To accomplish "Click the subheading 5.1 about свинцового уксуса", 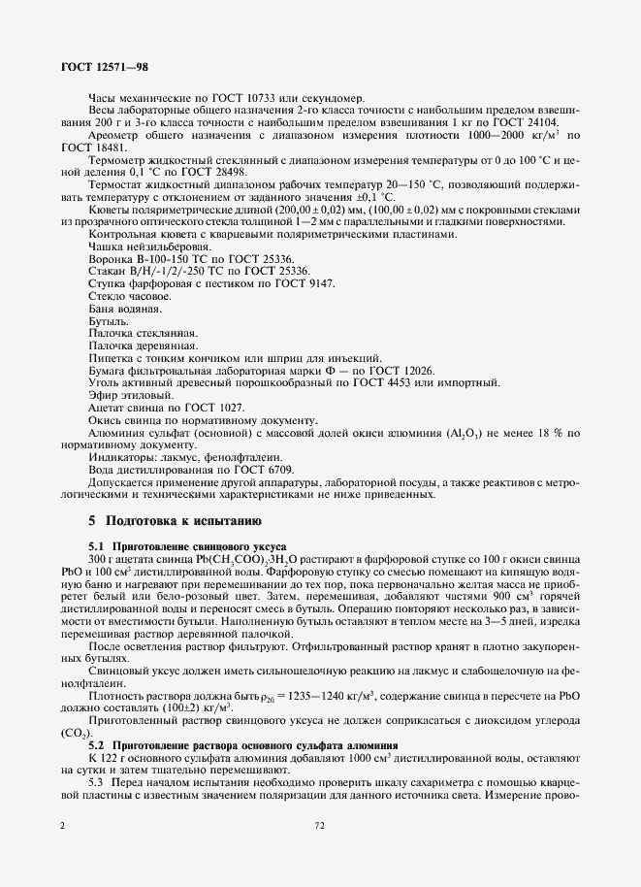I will pos(189,547).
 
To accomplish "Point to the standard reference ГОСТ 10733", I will pos(234,98).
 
